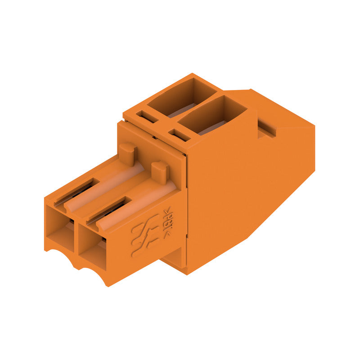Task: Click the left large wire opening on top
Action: click(182, 97)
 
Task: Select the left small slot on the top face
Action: click(147, 117)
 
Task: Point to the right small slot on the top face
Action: click(179, 135)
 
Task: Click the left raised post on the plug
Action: click(128, 153)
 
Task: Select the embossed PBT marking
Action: click(167, 217)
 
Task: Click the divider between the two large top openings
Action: click(198, 106)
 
